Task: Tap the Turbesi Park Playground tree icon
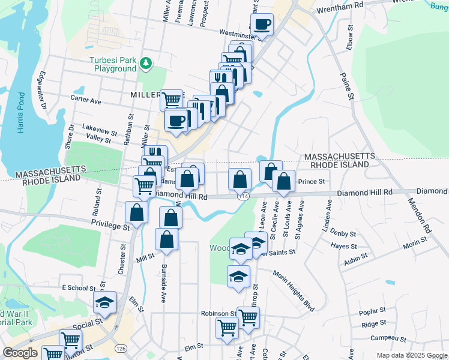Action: point(145,62)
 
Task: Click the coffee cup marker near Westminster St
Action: point(262,25)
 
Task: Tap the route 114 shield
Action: point(243,196)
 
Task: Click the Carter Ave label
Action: point(86,101)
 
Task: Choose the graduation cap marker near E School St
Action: point(105,303)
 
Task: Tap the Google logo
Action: point(20,353)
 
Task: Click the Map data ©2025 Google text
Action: point(412,355)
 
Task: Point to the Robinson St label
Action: point(218,314)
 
